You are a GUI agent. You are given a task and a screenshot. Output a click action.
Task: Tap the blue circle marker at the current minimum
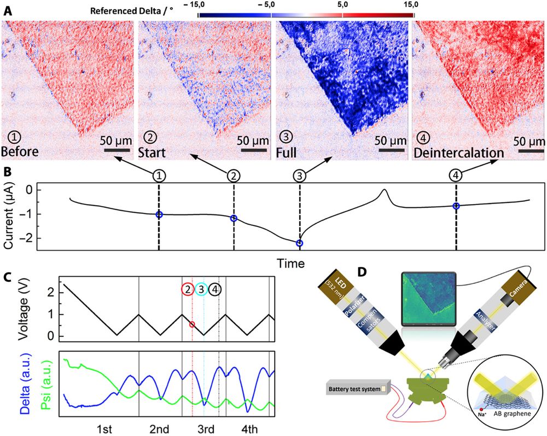(299, 243)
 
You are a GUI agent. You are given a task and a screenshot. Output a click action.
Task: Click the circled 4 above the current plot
(456, 176)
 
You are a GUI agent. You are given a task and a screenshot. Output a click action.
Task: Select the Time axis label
(290, 264)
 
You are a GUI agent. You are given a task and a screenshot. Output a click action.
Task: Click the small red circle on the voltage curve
(192, 324)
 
